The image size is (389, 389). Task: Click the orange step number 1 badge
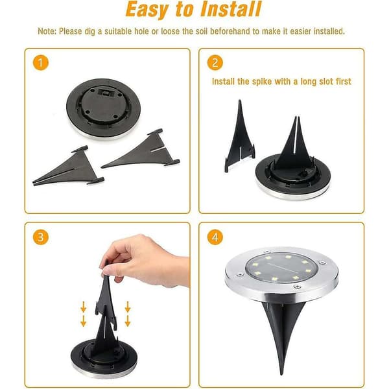tap(40, 62)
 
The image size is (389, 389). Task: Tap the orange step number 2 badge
tap(215, 62)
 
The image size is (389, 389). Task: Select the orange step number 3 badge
tap(40, 237)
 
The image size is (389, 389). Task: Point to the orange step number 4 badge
tap(215, 237)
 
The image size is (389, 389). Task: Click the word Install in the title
tap(231, 9)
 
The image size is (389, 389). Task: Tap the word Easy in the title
tap(147, 10)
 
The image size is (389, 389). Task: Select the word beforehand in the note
tap(230, 31)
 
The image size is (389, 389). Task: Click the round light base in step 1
tap(103, 108)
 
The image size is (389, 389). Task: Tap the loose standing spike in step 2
tap(239, 136)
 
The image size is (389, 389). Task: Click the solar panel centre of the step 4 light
tap(281, 268)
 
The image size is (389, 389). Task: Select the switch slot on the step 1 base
tap(105, 93)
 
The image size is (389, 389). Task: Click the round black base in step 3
tap(104, 357)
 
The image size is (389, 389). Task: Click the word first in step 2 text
tap(344, 82)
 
